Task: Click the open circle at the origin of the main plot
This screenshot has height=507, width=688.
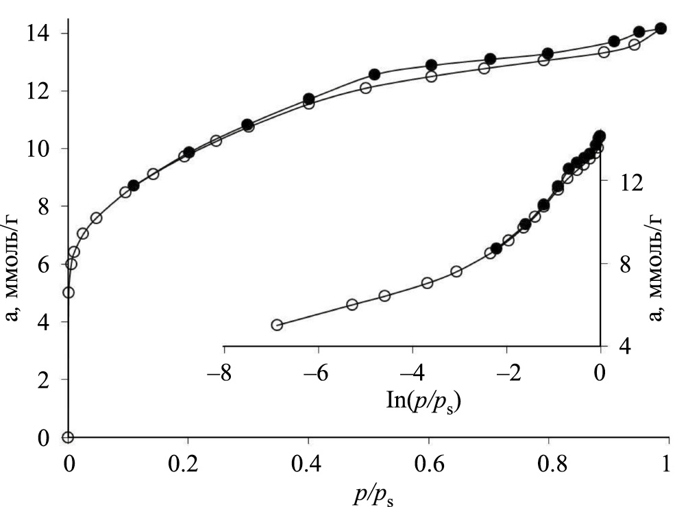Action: point(68,437)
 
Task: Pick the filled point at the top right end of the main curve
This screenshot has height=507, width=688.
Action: point(661,29)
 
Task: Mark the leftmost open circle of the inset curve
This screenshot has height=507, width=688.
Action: point(277,325)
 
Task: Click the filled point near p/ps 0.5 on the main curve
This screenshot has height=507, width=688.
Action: point(374,74)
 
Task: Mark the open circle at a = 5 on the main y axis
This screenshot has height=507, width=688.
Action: point(69,293)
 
